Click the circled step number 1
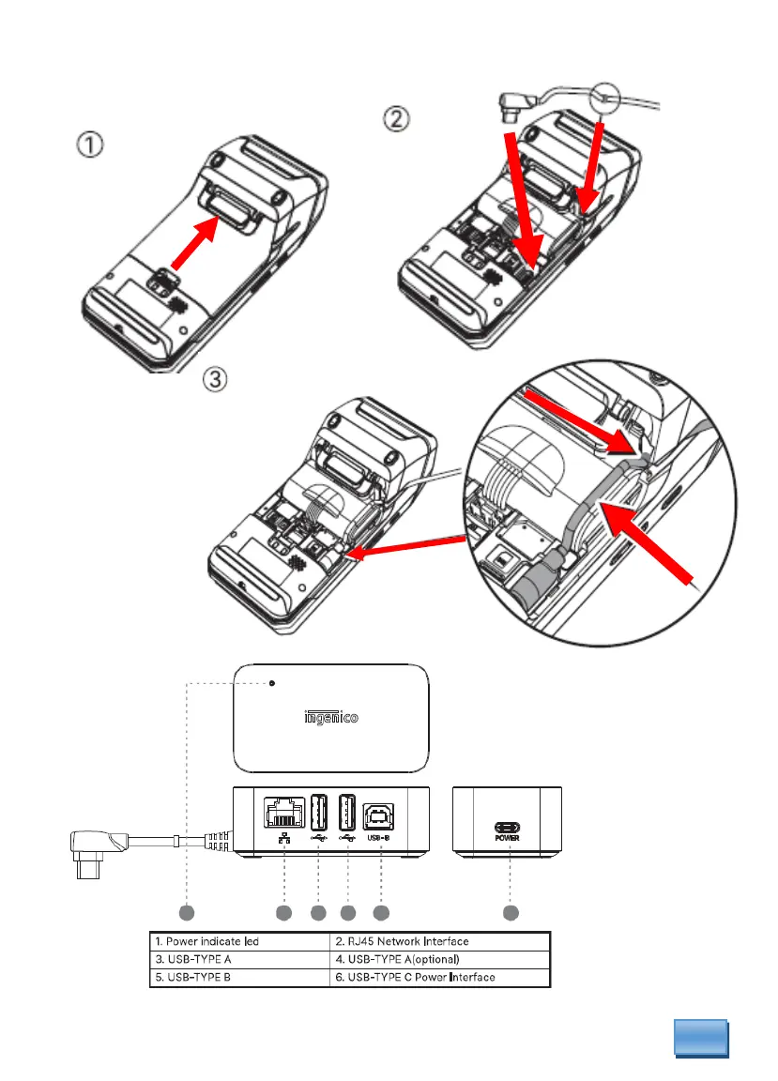[x=91, y=146]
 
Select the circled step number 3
[x=217, y=380]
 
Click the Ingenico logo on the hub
[x=331, y=719]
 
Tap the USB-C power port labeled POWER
[x=508, y=827]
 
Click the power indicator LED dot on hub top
[x=272, y=683]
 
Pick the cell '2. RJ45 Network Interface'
[x=439, y=940]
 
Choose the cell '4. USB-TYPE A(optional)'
[x=439, y=959]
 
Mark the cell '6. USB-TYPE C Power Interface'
[x=439, y=978]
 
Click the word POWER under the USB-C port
[x=508, y=838]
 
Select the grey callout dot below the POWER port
[x=509, y=912]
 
